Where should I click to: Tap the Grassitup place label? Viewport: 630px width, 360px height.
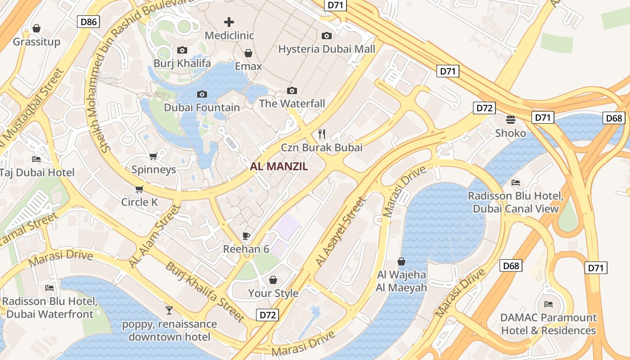click(36, 42)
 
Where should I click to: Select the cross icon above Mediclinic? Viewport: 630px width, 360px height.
click(229, 22)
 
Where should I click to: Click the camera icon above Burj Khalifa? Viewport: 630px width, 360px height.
click(182, 50)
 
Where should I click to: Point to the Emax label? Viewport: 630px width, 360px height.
click(248, 66)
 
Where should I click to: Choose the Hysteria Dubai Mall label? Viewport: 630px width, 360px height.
click(327, 49)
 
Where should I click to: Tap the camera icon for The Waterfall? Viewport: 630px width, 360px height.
click(292, 91)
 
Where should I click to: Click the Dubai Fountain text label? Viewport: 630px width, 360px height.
click(202, 108)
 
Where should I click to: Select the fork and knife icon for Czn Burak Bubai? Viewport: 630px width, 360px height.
click(321, 134)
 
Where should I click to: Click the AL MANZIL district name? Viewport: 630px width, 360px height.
click(279, 166)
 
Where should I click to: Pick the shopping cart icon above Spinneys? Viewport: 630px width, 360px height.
click(153, 157)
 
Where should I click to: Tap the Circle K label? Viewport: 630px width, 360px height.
click(139, 202)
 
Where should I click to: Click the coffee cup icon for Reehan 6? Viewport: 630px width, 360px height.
click(246, 236)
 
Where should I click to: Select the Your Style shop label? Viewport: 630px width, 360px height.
click(273, 293)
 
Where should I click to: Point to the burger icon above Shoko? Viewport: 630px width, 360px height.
click(510, 120)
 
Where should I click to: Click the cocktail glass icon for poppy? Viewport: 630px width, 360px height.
click(169, 310)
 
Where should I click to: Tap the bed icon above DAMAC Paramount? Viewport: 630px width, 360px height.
click(548, 304)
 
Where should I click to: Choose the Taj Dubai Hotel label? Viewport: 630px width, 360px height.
click(37, 172)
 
